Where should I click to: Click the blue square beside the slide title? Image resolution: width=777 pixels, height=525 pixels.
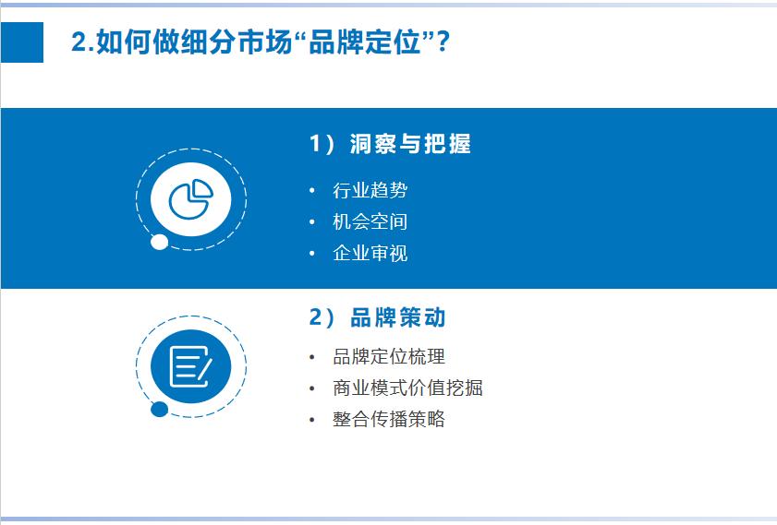(x=21, y=42)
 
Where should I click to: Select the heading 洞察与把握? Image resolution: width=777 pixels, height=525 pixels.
(x=411, y=144)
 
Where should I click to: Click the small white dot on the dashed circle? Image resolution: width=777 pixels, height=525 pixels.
(x=159, y=243)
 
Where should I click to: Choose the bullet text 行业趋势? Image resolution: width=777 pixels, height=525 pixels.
(x=370, y=190)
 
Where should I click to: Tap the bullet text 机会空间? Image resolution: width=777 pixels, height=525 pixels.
(x=370, y=221)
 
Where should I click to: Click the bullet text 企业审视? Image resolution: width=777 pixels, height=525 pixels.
(x=370, y=253)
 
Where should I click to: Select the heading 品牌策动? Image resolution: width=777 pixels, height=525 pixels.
(x=398, y=318)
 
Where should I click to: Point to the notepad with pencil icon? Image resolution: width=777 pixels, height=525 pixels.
(x=191, y=366)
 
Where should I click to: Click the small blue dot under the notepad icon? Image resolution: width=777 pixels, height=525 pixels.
(x=159, y=410)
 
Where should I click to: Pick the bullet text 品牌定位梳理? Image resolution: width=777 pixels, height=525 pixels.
(x=389, y=356)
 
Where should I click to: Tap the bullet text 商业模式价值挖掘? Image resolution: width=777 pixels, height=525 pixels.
(x=407, y=388)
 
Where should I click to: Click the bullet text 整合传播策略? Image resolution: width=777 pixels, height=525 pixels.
(x=389, y=419)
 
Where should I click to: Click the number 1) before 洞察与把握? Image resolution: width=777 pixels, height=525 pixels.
(x=324, y=144)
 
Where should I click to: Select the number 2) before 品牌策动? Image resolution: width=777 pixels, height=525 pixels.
(x=324, y=318)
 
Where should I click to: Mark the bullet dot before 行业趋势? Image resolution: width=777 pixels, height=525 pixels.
(x=312, y=191)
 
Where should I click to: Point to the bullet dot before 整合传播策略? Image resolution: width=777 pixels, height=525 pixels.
(x=312, y=420)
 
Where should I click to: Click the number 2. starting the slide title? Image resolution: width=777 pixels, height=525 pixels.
(x=81, y=42)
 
